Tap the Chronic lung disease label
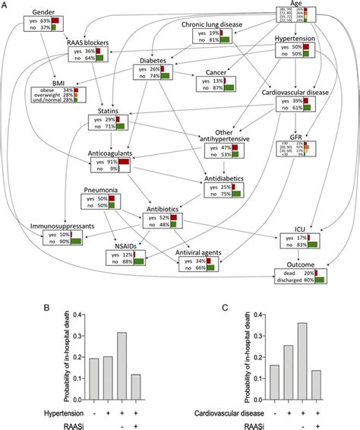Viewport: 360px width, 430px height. (212, 24)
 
